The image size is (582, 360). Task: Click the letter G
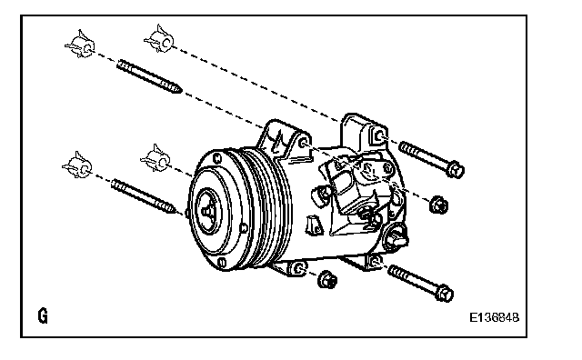(x=43, y=315)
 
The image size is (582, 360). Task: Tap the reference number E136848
(x=495, y=317)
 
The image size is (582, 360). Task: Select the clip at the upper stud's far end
(x=80, y=45)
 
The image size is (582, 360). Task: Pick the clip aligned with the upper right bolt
(x=160, y=38)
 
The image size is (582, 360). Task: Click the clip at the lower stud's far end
(x=77, y=165)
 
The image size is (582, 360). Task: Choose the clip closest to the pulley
(x=156, y=158)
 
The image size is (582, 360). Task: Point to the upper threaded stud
(x=149, y=76)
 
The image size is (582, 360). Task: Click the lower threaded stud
(x=144, y=196)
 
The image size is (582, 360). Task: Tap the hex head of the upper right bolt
(x=456, y=170)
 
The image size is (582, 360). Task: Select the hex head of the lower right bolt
(x=445, y=294)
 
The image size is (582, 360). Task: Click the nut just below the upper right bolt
(x=438, y=205)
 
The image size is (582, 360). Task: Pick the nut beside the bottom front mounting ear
(x=327, y=279)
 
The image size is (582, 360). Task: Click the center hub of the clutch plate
(x=207, y=211)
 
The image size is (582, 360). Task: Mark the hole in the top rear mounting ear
(x=378, y=136)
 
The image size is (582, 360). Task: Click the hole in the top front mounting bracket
(x=303, y=143)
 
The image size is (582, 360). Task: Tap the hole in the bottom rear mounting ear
(x=375, y=261)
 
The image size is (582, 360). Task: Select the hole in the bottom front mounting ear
(x=300, y=268)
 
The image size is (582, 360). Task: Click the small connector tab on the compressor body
(x=313, y=225)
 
